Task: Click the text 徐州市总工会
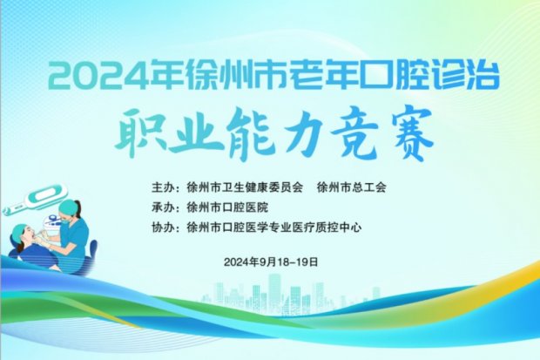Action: (352, 187)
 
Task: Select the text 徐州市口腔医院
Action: (227, 207)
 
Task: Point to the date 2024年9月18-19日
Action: (271, 262)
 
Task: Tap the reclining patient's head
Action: (23, 235)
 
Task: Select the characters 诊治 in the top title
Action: (469, 77)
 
